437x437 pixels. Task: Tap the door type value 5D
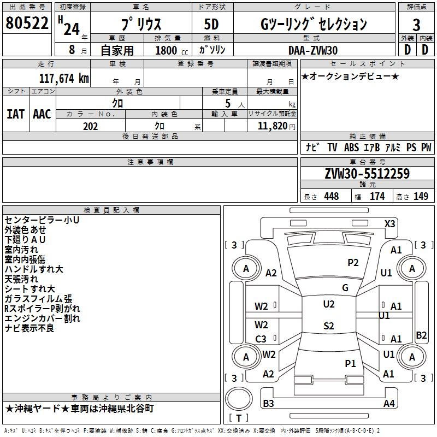pos(212,25)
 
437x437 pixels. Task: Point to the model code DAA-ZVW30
pos(313,50)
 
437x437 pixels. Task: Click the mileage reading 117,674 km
pos(64,78)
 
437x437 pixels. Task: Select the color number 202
pos(91,126)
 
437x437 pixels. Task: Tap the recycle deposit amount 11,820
pos(271,126)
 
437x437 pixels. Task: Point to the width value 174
pos(377,197)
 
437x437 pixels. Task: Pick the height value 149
pos(421,197)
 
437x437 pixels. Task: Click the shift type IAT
pos(15,114)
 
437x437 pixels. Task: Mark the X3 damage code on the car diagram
pos(390,223)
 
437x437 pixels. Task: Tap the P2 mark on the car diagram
pos(353,263)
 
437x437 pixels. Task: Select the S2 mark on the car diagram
pos(328,326)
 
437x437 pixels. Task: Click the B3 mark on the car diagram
pos(268,404)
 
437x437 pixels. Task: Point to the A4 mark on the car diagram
pos(388,404)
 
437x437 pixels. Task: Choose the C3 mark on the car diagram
pos(261,339)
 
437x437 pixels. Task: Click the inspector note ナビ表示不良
pos(29,328)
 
